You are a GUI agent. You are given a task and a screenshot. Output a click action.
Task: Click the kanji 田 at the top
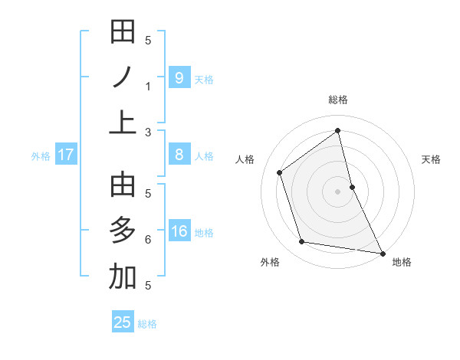(123, 32)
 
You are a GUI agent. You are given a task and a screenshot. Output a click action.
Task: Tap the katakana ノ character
(123, 77)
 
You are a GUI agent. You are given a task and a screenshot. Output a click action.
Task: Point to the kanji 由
(123, 186)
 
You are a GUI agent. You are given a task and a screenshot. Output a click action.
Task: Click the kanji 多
(123, 231)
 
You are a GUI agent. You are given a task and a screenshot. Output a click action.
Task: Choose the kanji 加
(123, 277)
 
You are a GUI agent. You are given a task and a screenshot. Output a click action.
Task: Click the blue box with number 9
(179, 77)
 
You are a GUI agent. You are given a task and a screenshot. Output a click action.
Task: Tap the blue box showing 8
(179, 155)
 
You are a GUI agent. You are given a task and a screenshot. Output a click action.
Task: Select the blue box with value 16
(179, 231)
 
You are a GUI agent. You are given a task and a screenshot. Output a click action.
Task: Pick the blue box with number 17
(66, 155)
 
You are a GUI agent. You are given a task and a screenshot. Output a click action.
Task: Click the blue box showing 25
(123, 322)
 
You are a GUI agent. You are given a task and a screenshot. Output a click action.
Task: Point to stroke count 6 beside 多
(148, 240)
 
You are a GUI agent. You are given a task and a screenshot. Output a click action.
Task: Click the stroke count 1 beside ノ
(148, 86)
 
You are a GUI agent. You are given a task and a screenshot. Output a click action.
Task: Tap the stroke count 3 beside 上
(148, 132)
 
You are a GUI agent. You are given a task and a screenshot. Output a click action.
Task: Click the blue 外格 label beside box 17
(41, 156)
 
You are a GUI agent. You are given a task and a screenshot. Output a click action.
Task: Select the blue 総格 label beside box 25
(147, 324)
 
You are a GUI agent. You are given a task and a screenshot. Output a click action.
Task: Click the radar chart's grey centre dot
(337, 191)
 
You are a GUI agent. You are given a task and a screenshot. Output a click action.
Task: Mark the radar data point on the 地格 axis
(383, 253)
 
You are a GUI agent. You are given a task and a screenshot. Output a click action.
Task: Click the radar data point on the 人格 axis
(280, 172)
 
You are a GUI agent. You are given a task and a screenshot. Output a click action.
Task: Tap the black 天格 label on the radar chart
(432, 159)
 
